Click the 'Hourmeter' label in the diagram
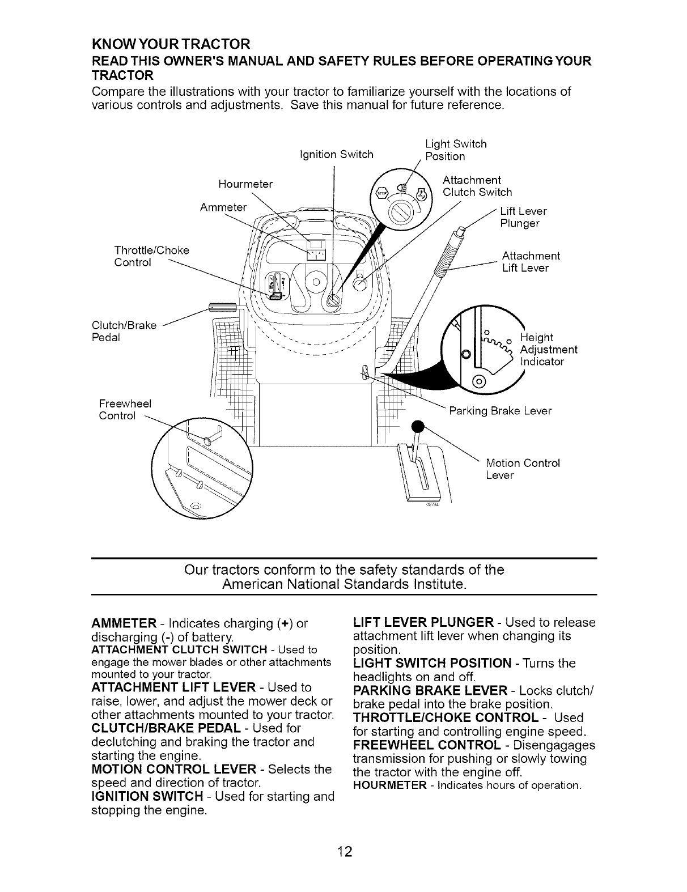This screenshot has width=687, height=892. click(x=245, y=184)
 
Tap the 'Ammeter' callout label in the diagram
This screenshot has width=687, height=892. click(x=223, y=207)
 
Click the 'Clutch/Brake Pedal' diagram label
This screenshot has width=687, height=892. click(x=124, y=332)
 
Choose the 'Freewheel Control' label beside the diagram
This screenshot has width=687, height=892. click(x=125, y=410)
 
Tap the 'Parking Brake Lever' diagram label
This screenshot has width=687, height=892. click(x=499, y=410)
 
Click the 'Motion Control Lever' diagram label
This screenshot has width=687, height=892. click(x=523, y=469)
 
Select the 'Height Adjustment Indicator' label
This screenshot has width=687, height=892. click(x=548, y=349)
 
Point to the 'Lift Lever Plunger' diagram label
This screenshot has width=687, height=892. click(x=523, y=217)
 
